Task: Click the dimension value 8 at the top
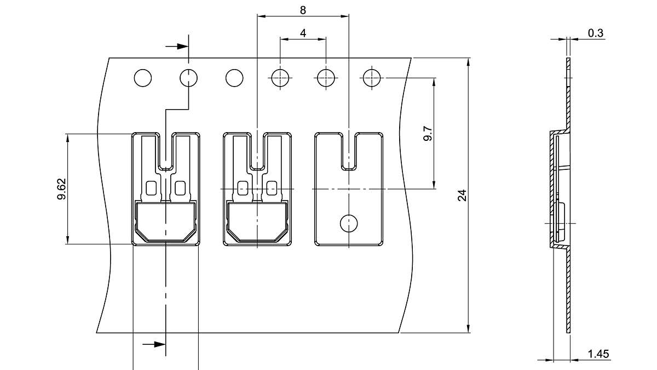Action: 303,10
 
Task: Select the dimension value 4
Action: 303,33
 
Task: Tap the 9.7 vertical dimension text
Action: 428,134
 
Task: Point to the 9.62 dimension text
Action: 61,189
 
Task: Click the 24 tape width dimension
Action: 462,195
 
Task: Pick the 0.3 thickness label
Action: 596,33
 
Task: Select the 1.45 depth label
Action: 598,354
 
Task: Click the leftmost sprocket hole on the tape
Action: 142,78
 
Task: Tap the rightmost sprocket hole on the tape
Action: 372,78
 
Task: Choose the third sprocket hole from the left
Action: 234,78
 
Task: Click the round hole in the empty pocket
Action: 349,223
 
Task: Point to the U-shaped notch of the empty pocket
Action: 349,153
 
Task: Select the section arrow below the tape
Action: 154,344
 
